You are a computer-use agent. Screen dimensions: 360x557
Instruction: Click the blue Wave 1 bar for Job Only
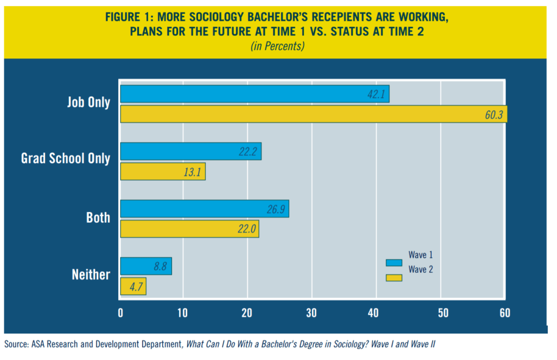point(254,94)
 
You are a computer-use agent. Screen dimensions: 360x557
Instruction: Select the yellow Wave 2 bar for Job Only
point(313,114)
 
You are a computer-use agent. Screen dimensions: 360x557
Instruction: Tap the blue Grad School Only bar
point(191,151)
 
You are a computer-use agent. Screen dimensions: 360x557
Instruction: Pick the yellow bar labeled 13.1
point(162,172)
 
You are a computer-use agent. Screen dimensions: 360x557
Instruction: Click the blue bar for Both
point(204,209)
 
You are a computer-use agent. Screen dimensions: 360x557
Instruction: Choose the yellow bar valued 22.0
point(189,229)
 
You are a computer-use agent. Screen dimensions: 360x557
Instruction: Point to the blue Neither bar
point(145,266)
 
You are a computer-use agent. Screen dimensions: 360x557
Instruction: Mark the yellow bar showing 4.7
point(132,286)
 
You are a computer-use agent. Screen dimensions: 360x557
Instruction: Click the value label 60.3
point(493,114)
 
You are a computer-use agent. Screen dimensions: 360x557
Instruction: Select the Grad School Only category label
point(65,158)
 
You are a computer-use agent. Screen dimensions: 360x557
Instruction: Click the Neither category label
point(91,274)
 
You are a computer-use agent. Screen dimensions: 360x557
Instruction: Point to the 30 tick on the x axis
point(311,313)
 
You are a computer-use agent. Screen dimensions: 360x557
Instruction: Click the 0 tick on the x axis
point(120,313)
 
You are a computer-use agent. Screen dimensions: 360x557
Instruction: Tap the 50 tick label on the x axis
point(440,313)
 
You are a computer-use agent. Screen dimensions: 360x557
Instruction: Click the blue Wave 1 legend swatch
point(393,263)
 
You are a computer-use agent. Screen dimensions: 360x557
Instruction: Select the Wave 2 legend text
point(420,270)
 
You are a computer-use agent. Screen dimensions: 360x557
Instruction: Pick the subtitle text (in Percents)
point(277,46)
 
